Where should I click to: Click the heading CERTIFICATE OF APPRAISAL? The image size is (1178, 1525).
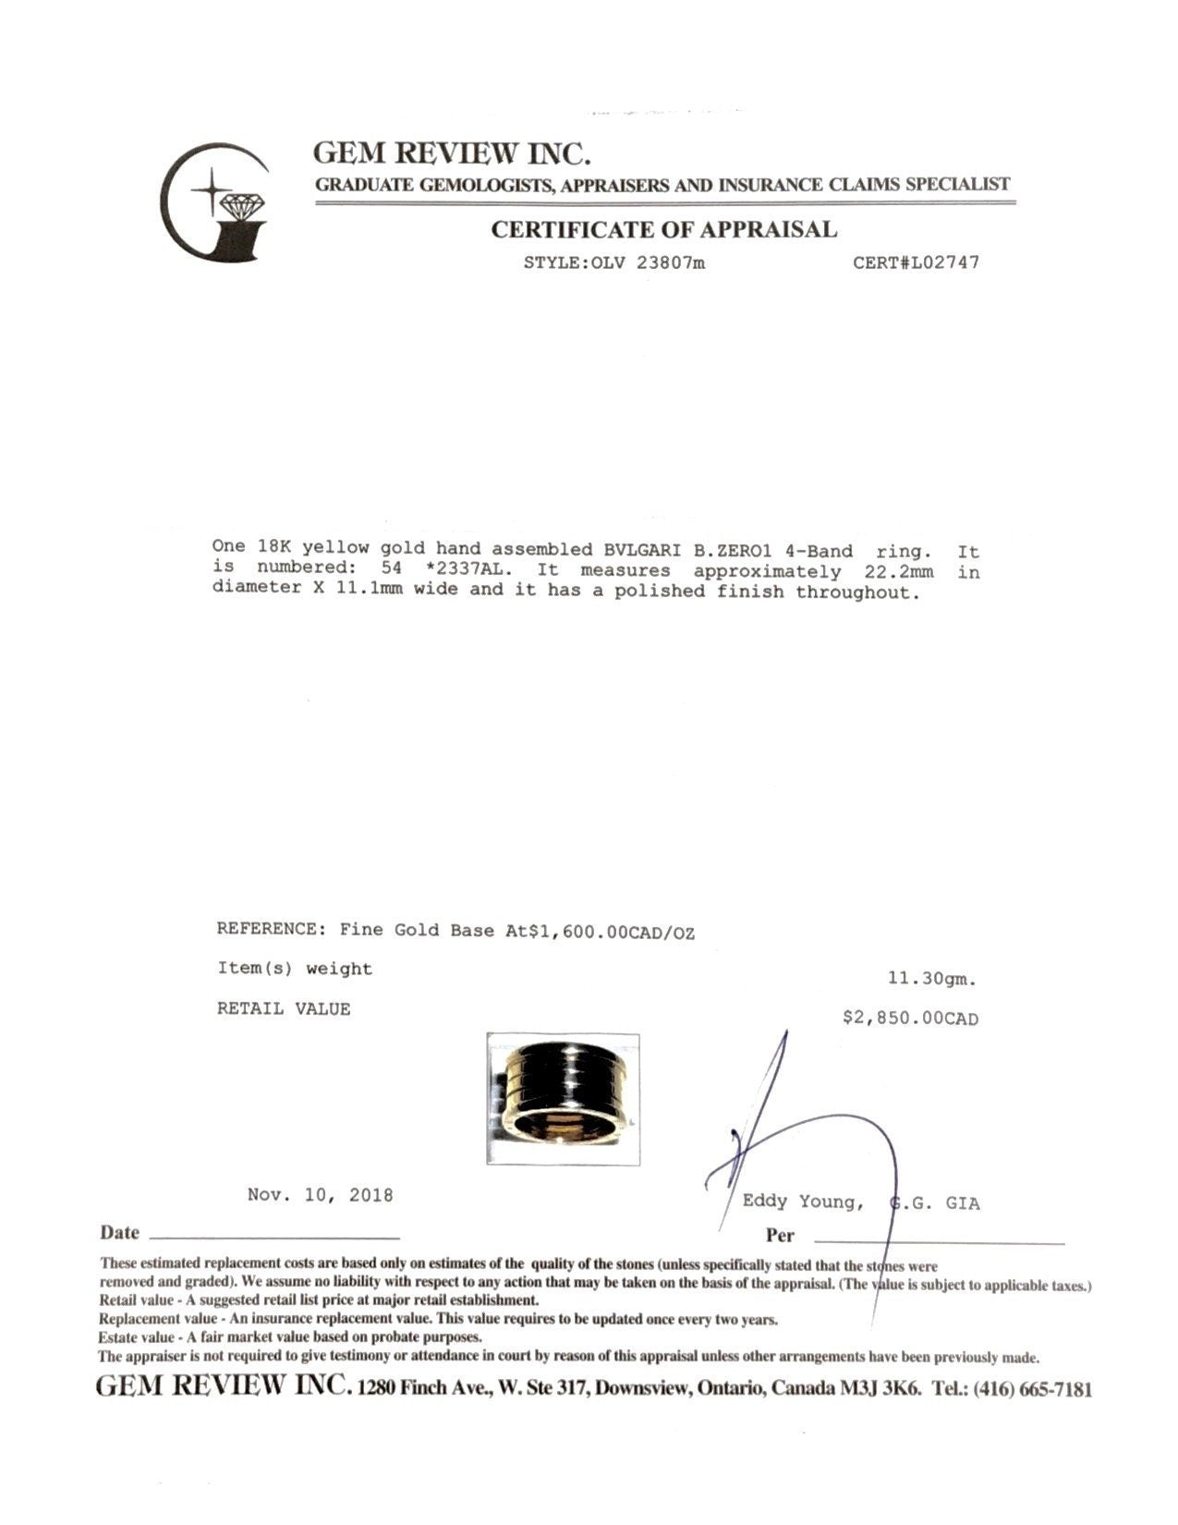[663, 229]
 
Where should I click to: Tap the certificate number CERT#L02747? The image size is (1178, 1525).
[916, 262]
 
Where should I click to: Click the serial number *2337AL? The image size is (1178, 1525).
[465, 571]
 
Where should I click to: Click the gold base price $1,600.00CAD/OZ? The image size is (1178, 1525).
[609, 932]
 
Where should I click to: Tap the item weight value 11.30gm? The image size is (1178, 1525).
[931, 978]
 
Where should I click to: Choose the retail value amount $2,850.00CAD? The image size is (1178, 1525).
[910, 1019]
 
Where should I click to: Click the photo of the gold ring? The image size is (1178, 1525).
[563, 1098]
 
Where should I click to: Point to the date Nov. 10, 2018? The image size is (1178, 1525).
[321, 1195]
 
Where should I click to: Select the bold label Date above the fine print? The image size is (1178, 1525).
[120, 1233]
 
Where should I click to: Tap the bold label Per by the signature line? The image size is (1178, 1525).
[780, 1236]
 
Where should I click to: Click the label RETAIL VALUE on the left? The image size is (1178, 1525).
[284, 1009]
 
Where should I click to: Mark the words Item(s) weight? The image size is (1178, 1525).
[295, 969]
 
